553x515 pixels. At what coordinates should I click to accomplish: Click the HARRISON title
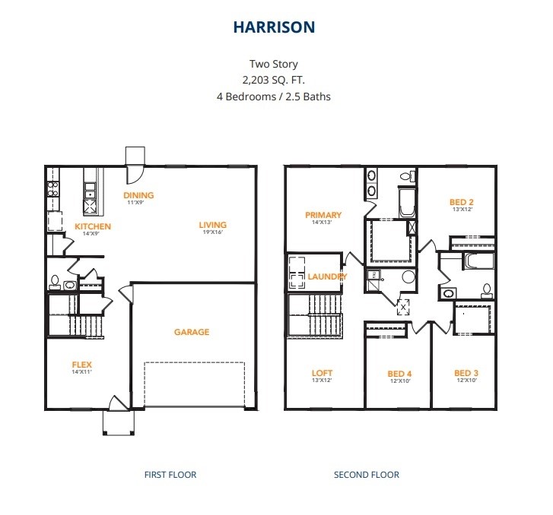tap(274, 27)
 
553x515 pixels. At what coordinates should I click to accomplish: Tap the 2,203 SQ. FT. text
tap(273, 81)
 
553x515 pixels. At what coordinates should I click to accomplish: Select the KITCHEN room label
tap(93, 226)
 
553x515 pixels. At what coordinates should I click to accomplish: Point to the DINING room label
tap(138, 195)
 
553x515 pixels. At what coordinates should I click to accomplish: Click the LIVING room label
tap(213, 225)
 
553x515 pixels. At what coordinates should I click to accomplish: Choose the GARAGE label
tap(192, 332)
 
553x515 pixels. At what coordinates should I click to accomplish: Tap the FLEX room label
tap(82, 365)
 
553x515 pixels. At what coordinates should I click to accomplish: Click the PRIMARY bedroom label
tap(323, 215)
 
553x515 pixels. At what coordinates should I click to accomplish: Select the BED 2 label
tap(462, 202)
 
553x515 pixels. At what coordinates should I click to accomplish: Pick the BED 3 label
tap(466, 373)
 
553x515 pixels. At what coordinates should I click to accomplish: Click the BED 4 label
tap(399, 374)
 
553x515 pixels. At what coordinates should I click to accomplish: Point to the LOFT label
tap(322, 373)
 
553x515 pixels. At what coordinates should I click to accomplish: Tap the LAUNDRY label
tap(327, 276)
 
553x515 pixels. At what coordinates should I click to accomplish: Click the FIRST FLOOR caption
tap(170, 475)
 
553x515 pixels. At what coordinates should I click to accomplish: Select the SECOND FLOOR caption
tap(367, 475)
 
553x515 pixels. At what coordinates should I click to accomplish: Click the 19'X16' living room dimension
tap(213, 232)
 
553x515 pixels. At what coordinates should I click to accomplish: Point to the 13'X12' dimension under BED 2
tap(462, 209)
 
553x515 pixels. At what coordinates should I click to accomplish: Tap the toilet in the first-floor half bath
tap(55, 283)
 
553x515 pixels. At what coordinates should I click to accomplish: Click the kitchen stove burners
tap(53, 189)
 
